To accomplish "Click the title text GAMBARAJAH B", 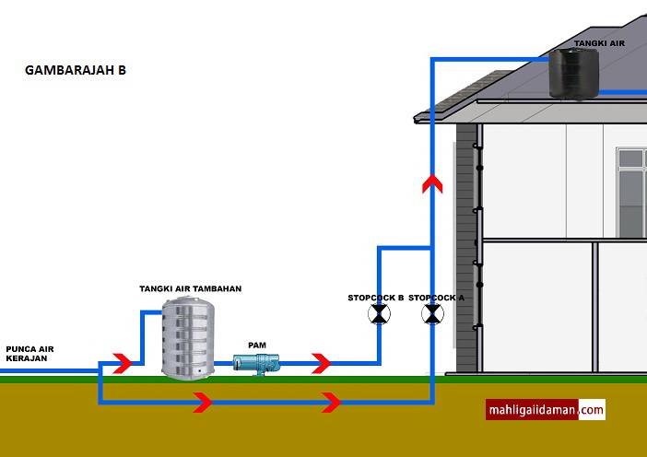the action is click(76, 70).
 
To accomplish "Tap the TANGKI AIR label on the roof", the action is click(599, 43).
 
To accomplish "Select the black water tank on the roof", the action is click(573, 75).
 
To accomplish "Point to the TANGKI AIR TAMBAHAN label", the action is click(190, 288).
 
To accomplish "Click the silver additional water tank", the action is click(188, 338).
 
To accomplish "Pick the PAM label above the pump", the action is click(257, 346).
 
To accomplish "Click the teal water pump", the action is click(256, 364).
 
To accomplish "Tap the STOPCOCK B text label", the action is click(375, 298).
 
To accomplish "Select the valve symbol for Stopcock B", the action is click(379, 314).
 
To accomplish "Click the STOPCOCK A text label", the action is click(436, 298).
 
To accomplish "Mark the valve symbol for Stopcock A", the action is click(432, 314).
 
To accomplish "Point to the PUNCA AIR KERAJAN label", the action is click(29, 354).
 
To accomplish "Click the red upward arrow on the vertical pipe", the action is click(432, 183).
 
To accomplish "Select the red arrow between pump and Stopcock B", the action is click(322, 363).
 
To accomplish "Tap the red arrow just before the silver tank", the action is click(123, 363).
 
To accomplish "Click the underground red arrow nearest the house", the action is click(332, 403).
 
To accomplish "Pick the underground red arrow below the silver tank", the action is click(203, 403).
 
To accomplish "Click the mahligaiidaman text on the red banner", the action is click(532, 410).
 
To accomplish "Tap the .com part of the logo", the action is click(591, 410).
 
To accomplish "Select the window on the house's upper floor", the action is click(631, 193).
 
